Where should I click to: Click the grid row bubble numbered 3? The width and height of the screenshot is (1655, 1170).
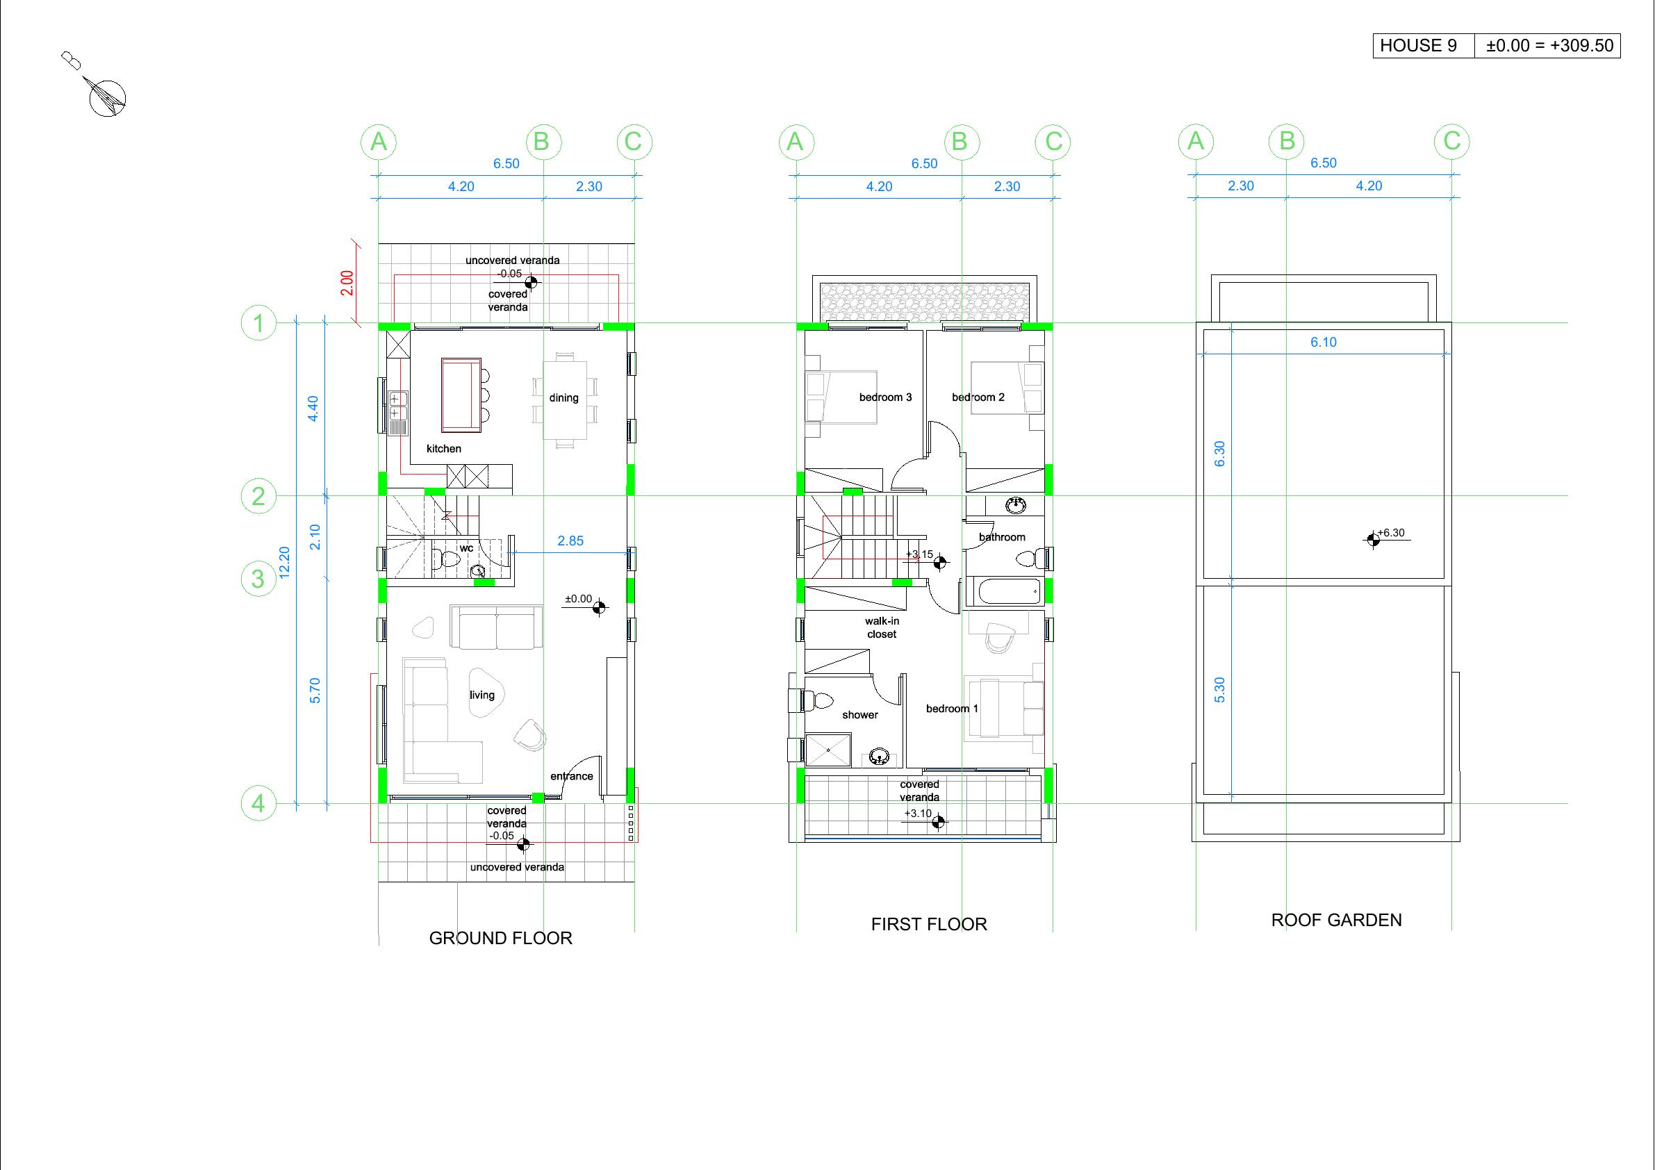pos(258,579)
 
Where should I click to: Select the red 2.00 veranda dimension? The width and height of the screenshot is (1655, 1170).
pos(347,283)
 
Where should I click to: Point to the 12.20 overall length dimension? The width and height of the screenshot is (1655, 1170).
pos(284,562)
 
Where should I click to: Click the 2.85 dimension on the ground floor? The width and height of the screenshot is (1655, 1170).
pos(570,541)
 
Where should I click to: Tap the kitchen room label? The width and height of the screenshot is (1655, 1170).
pos(444,448)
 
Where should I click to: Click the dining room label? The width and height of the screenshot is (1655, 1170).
pos(563,398)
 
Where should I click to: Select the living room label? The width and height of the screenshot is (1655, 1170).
pos(482,695)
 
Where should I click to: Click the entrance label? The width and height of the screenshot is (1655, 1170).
pos(572,776)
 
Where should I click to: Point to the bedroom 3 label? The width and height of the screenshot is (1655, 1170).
pos(885,397)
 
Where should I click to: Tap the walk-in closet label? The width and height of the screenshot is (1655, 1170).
pos(882,627)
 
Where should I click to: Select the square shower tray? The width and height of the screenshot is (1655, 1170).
pos(828,750)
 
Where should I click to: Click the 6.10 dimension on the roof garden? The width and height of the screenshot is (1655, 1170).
pos(1324,343)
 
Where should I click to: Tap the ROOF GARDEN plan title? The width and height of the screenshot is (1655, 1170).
pos(1336,920)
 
